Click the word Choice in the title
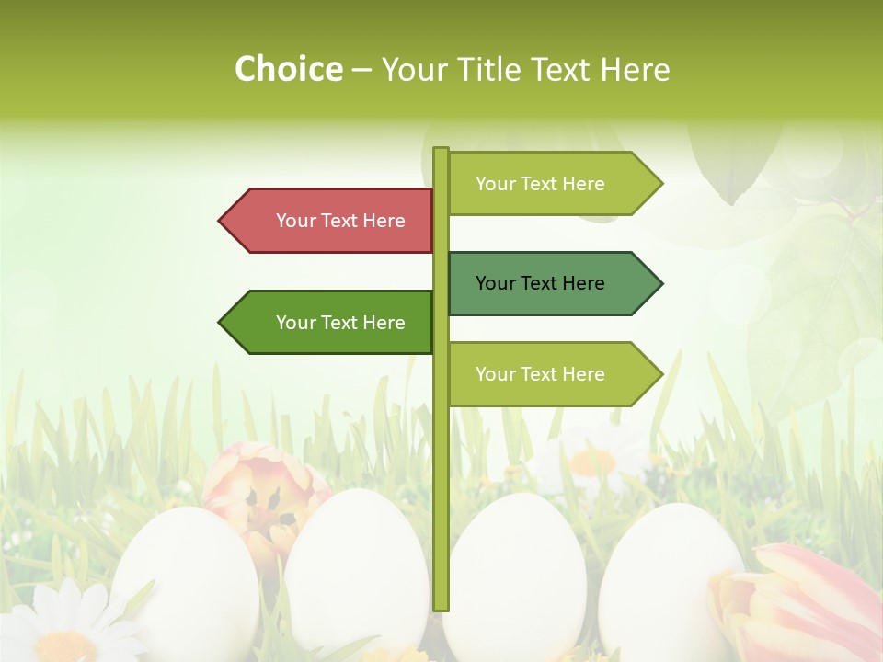tap(289, 69)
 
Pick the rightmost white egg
tap(667, 570)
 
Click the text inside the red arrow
tap(340, 221)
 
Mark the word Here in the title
tap(635, 70)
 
